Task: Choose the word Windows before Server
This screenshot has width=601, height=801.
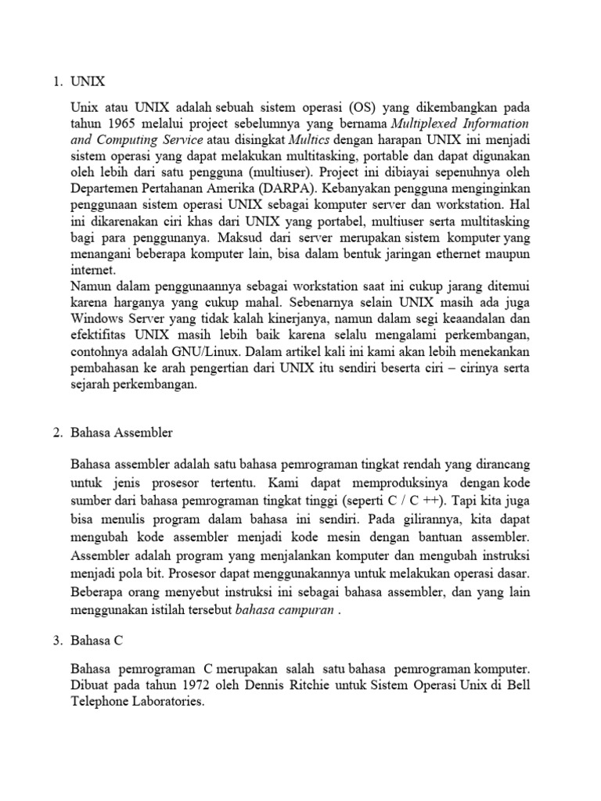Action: (x=96, y=318)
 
